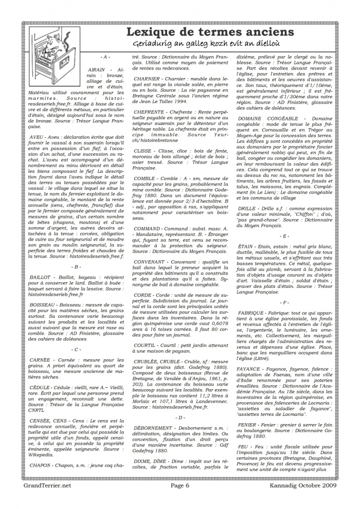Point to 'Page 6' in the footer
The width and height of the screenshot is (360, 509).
(179, 498)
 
